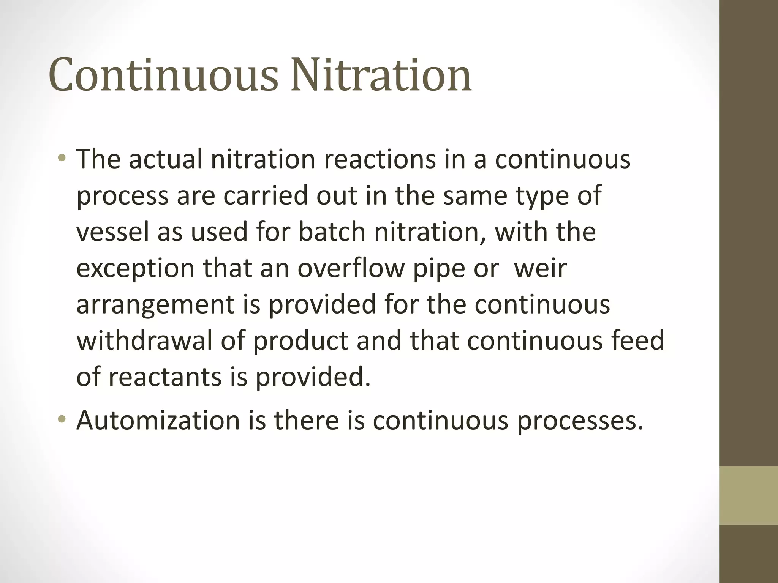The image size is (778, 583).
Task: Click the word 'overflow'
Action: coord(351,268)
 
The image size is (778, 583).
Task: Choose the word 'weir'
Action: coord(540,268)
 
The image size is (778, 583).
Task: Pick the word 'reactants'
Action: coord(165,377)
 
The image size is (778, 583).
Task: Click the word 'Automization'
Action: coord(158,420)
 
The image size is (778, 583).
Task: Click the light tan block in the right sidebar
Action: coord(748,495)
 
